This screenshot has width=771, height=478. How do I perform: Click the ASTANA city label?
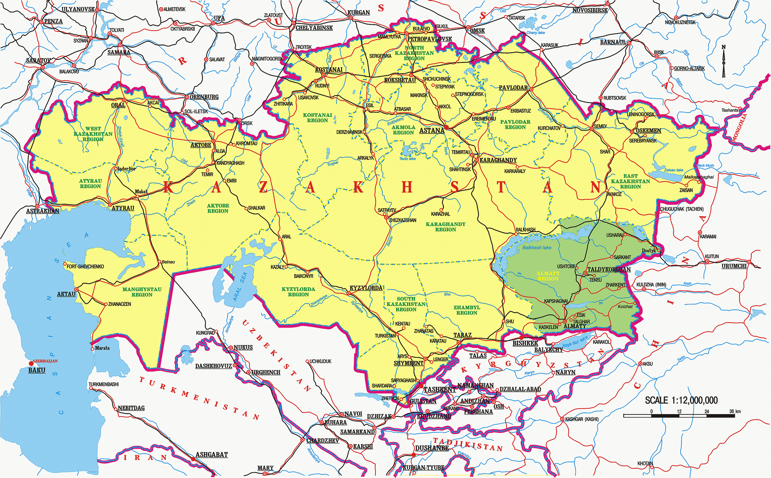[x=432, y=130]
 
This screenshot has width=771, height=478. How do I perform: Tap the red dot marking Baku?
[x=31, y=364]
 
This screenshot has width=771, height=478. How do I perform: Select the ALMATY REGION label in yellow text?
[x=548, y=276]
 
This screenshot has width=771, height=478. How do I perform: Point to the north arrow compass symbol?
[x=724, y=62]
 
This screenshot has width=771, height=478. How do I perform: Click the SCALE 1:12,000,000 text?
[x=681, y=400]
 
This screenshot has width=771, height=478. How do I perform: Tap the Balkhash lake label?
[x=537, y=248]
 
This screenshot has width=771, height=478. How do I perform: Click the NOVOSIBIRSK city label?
[x=590, y=10]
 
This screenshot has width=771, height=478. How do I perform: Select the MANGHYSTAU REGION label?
[x=142, y=292]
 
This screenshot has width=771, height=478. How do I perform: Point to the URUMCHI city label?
[x=734, y=266]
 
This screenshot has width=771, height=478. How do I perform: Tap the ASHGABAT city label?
[x=212, y=455]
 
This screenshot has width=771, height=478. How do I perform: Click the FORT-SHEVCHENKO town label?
[x=85, y=266]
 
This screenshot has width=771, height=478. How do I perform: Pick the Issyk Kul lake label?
[x=571, y=342]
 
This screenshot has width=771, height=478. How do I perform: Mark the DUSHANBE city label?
[x=432, y=448]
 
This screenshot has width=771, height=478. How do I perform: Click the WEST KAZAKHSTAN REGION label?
[x=93, y=134]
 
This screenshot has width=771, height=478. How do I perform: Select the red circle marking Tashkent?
[x=421, y=386]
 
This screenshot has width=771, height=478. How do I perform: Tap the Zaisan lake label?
[x=673, y=170]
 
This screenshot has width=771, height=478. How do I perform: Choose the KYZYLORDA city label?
[x=366, y=288]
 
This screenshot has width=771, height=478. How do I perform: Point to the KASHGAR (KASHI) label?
[x=582, y=419]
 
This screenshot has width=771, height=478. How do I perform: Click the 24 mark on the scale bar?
[x=707, y=411]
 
